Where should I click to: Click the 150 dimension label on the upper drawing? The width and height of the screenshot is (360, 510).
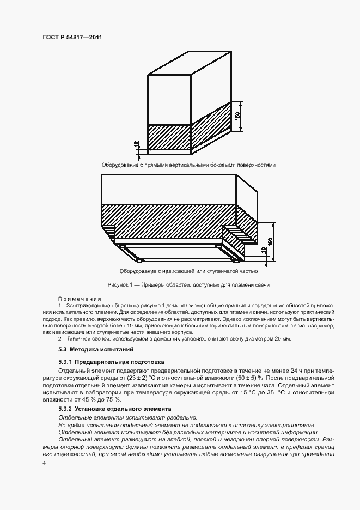coord(237,117)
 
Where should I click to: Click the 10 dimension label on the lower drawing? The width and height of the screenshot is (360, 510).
coord(264,251)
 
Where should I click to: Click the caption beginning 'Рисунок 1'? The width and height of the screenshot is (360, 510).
coord(188,285)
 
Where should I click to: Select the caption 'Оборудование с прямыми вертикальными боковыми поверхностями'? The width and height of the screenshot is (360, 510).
coord(188,165)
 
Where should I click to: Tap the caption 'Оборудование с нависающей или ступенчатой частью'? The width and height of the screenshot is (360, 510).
coord(188,270)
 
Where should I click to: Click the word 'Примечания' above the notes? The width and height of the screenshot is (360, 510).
coord(80,299)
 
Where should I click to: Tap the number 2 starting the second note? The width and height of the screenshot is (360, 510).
coord(59,338)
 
